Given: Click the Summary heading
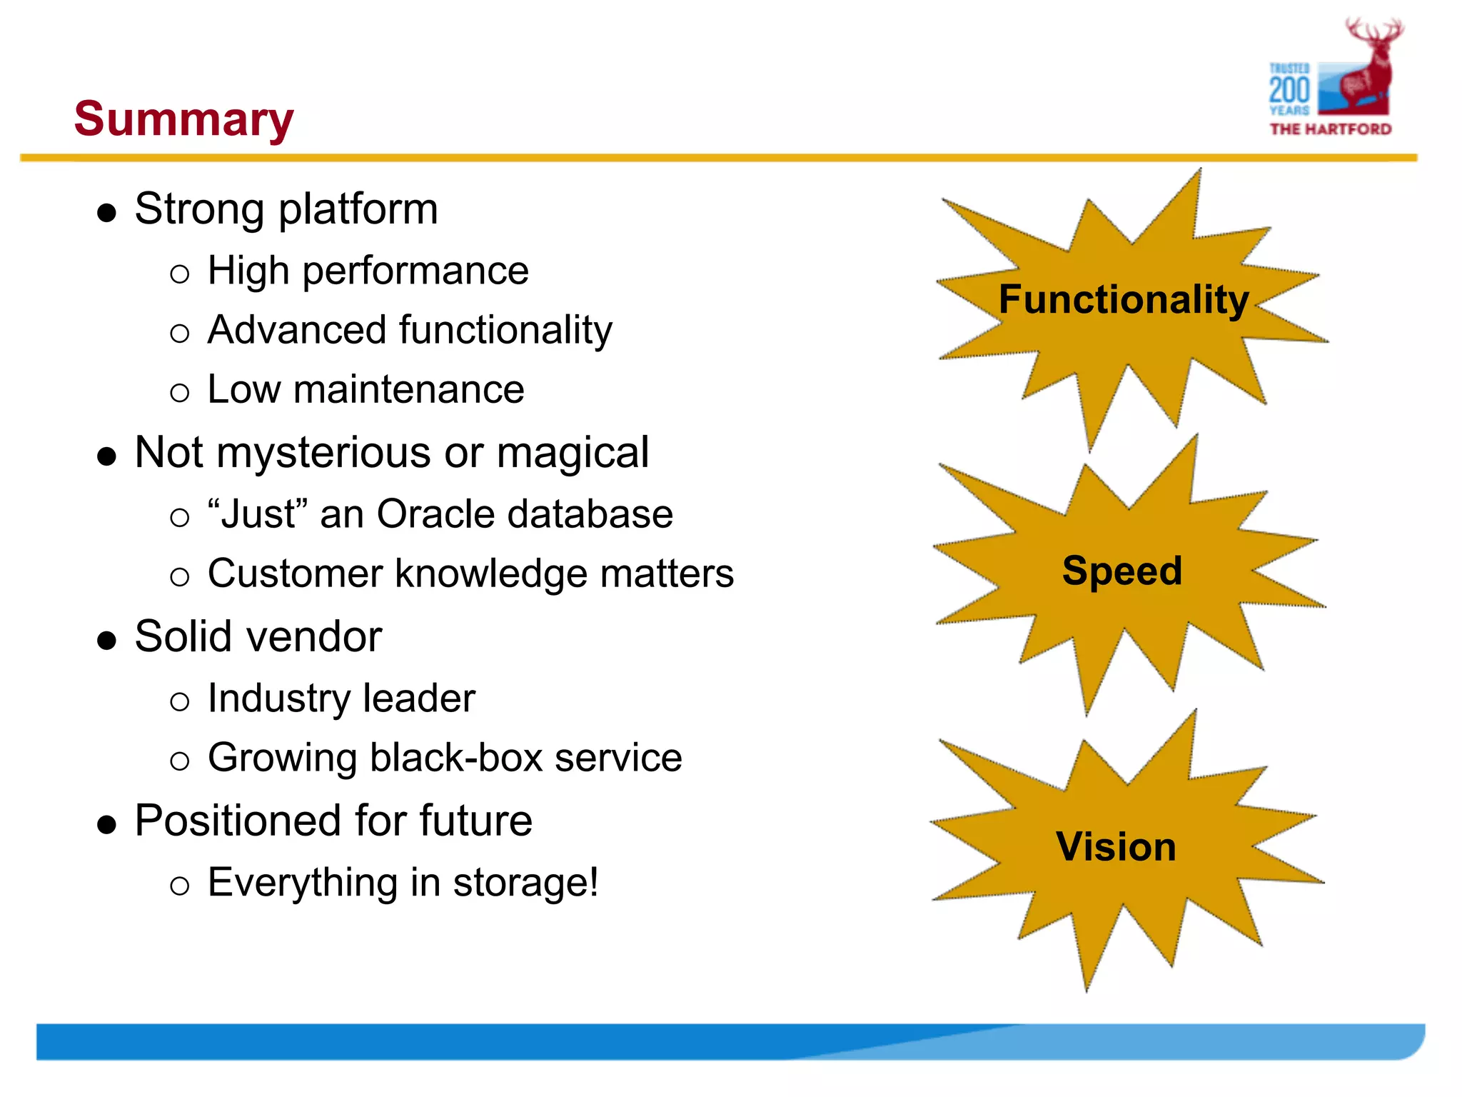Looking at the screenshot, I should pos(183,119).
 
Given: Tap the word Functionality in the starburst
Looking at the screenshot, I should pos(1123,300).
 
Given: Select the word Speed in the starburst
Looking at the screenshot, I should pos(1121,571).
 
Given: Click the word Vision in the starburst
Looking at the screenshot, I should pos(1116,847).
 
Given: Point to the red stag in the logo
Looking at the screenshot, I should pos(1367,71).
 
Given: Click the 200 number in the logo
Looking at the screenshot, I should pos(1289,91).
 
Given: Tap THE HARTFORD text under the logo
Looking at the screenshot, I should pos(1330,129).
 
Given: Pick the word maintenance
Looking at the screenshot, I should pos(408,390).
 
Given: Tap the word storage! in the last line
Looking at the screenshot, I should pos(526,883).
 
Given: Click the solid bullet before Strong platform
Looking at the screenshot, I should pos(107,213).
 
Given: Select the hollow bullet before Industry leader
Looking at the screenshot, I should pos(180,701).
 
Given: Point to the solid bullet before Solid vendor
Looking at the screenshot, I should pos(107,640).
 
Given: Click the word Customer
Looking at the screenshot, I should pos(295,573).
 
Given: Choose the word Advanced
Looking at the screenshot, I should pos(297,330).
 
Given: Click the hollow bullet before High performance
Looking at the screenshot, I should pos(180,274).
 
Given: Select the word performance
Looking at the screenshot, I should pos(415,271).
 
